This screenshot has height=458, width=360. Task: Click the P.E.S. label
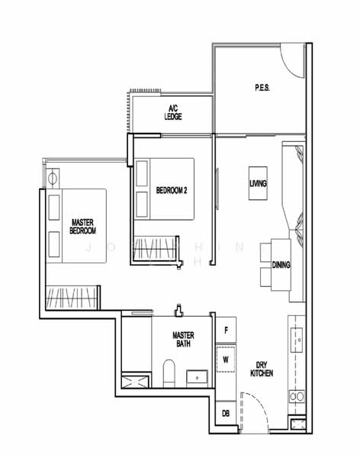pos(263,88)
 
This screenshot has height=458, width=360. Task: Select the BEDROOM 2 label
pos(172,190)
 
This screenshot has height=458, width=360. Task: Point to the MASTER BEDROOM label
pos(82,224)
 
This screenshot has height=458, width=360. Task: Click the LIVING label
pos(258,184)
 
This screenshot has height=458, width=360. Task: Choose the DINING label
pos(281,265)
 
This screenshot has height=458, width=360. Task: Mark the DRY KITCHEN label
pos(261,368)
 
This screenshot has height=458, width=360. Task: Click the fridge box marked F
pos(226,330)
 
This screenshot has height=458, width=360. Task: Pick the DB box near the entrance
pos(226,413)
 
